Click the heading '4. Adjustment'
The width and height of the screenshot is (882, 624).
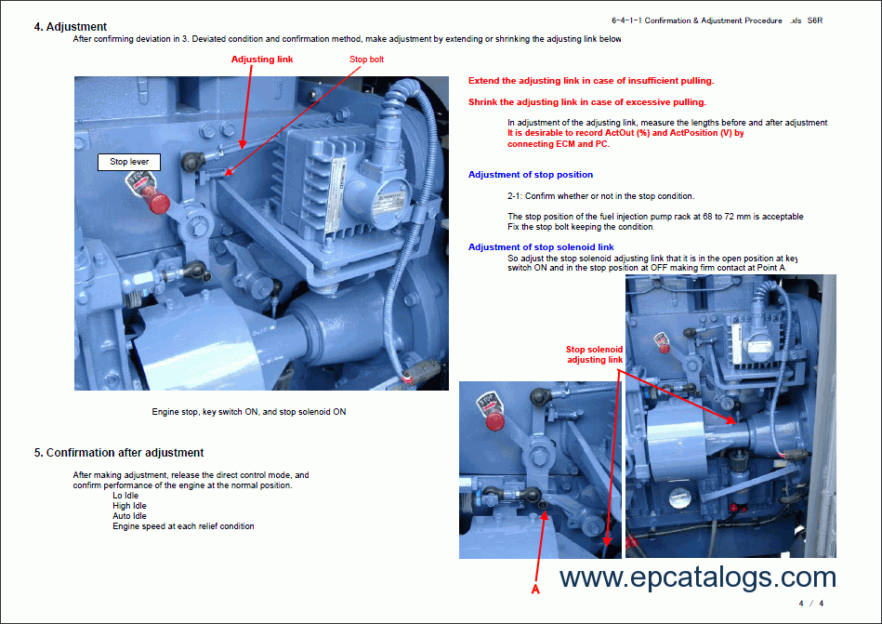tap(71, 26)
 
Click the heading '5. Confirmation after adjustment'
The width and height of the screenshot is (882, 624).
tap(119, 453)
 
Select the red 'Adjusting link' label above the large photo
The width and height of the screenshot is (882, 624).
tap(261, 60)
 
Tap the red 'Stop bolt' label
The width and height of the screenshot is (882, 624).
tap(366, 60)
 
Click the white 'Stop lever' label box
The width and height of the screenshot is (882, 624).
tap(129, 162)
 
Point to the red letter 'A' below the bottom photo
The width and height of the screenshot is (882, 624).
tap(535, 588)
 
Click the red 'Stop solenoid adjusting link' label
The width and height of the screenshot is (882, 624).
tap(594, 354)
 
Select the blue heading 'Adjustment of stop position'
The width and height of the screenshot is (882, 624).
tap(530, 175)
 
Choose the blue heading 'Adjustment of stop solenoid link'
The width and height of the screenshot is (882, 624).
tap(541, 247)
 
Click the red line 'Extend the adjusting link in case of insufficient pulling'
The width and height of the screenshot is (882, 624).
tap(591, 81)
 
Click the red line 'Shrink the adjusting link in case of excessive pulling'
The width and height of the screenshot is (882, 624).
tap(586, 102)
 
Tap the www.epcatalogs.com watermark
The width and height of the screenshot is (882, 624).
tap(697, 578)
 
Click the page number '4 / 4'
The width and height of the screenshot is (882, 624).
tap(810, 604)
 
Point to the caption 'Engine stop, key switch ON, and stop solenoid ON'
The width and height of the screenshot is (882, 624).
tap(249, 411)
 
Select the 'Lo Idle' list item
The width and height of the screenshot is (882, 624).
tap(125, 496)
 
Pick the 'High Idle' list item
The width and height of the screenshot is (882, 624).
tap(129, 506)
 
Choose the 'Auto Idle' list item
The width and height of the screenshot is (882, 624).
tap(129, 516)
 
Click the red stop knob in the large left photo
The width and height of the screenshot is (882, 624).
tap(160, 202)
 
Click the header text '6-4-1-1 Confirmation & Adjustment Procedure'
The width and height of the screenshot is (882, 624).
tap(690, 20)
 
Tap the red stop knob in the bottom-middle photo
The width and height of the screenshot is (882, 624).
tap(496, 421)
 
